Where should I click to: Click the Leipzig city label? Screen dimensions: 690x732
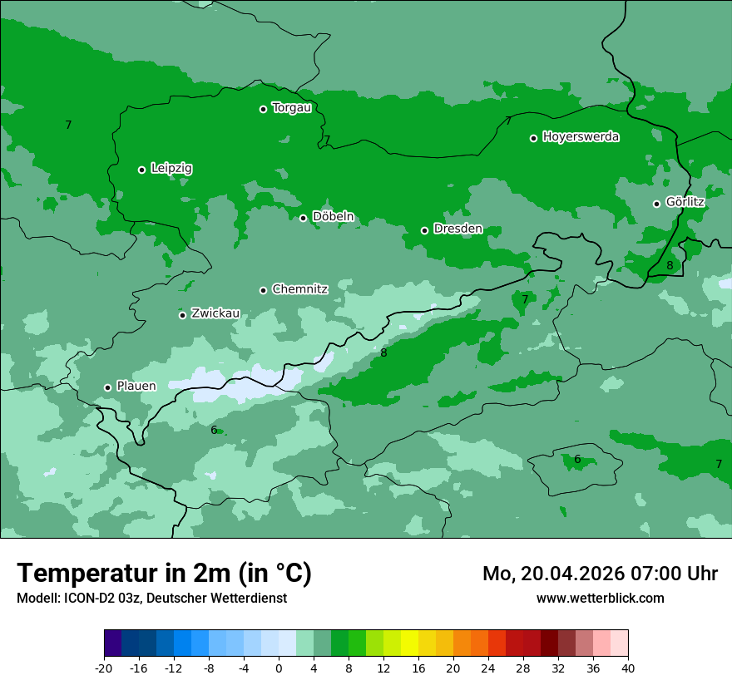click(x=171, y=168)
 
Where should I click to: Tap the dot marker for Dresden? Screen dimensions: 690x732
click(x=424, y=230)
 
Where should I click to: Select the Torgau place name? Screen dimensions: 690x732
click(x=291, y=107)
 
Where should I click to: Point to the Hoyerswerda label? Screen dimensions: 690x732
click(x=581, y=136)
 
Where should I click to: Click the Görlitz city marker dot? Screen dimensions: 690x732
click(x=656, y=204)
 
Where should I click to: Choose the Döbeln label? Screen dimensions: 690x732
click(x=333, y=216)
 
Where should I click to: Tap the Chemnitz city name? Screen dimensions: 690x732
click(x=299, y=289)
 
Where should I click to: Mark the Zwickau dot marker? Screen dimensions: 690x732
click(x=182, y=315)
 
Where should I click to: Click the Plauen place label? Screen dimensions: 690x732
click(x=136, y=386)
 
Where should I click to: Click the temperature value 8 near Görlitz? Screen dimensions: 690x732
click(x=670, y=266)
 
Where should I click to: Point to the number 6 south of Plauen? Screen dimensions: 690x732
click(x=214, y=430)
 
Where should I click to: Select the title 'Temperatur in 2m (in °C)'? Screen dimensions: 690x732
click(x=164, y=573)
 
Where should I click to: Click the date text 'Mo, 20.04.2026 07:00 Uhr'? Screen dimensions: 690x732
click(x=600, y=574)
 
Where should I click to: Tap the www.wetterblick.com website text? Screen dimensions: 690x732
click(x=600, y=598)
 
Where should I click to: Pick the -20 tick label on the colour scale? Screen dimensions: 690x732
click(x=104, y=668)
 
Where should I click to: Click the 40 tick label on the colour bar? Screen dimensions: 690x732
click(x=628, y=668)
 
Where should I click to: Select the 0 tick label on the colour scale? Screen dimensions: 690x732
click(x=279, y=668)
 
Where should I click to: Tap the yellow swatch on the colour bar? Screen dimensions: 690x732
click(x=409, y=643)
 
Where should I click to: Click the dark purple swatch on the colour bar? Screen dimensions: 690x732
click(x=112, y=643)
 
